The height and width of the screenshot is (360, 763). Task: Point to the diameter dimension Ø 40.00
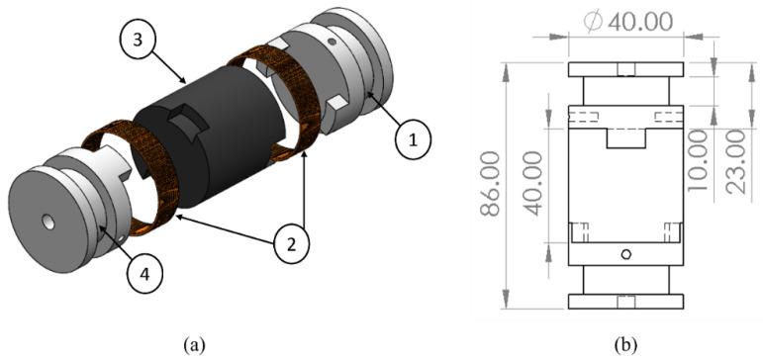tap(625, 20)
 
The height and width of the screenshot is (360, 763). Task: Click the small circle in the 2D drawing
tap(625, 255)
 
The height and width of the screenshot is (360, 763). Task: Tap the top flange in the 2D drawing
tap(625, 70)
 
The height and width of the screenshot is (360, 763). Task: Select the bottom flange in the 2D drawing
tap(625, 302)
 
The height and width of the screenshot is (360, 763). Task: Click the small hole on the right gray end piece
tap(334, 42)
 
